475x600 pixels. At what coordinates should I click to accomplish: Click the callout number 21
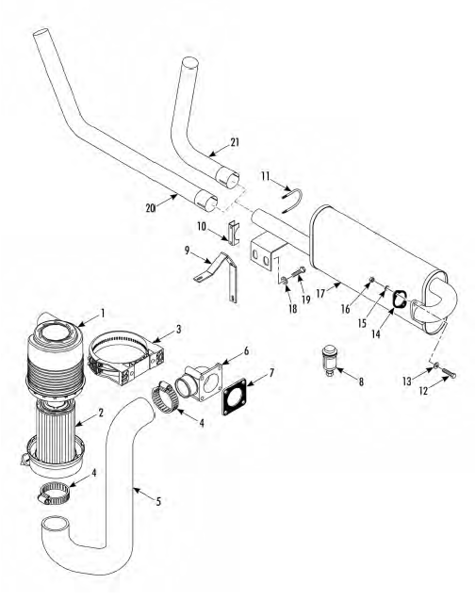tap(235, 142)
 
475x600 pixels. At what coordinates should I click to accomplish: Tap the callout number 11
tap(266, 176)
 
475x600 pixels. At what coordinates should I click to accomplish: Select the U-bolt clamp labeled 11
tap(293, 201)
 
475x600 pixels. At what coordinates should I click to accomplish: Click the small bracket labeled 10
tap(234, 233)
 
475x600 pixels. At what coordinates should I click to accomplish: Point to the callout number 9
tap(187, 251)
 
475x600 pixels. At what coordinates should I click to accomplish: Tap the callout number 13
tap(406, 381)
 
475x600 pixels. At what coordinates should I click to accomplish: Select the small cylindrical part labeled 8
tap(329, 361)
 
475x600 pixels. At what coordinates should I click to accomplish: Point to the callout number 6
tap(246, 350)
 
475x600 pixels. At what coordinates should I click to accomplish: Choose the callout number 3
tap(179, 329)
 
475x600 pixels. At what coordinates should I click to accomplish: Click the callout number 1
tap(103, 314)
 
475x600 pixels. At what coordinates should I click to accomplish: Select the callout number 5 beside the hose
tap(158, 501)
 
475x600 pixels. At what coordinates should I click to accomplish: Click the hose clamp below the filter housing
tap(54, 493)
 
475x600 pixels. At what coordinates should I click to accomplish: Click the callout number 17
tap(320, 294)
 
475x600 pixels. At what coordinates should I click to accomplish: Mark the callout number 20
tap(150, 208)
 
